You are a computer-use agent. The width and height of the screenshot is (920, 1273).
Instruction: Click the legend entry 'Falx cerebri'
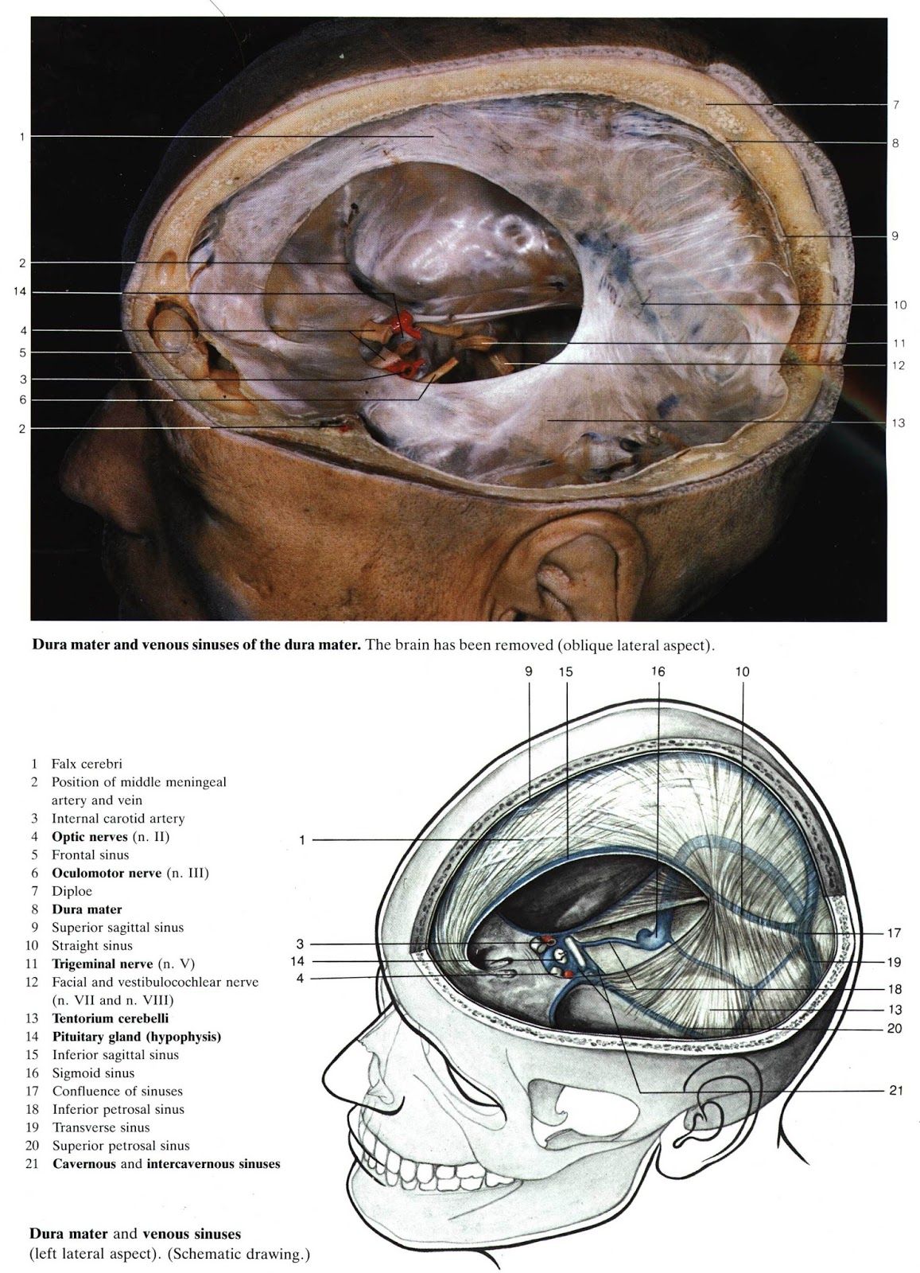click(x=87, y=764)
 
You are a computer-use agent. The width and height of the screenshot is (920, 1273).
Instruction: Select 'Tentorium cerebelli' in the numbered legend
click(x=110, y=1018)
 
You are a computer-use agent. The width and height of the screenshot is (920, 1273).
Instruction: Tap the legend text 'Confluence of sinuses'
click(x=117, y=1091)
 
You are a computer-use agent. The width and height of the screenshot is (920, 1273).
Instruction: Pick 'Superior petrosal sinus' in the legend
click(x=121, y=1146)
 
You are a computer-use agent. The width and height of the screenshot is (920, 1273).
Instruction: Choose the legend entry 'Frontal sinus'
click(x=90, y=855)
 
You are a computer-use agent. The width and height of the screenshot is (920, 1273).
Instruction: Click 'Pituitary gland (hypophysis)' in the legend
click(x=136, y=1037)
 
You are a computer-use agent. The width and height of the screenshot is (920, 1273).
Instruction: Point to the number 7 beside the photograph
click(x=895, y=104)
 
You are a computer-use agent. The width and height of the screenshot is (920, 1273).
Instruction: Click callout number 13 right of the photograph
click(x=899, y=423)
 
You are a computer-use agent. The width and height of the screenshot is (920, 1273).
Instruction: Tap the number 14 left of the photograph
click(x=21, y=292)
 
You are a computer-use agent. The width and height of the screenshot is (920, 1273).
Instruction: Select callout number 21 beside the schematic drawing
click(x=896, y=1091)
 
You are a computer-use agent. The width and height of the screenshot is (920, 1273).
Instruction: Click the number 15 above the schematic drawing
click(x=565, y=672)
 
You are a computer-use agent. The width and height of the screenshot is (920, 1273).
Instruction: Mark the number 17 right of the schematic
click(x=895, y=932)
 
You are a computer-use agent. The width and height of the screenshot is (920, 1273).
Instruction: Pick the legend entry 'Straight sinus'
click(x=92, y=946)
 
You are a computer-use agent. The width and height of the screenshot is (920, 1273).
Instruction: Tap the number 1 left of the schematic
click(x=302, y=840)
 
